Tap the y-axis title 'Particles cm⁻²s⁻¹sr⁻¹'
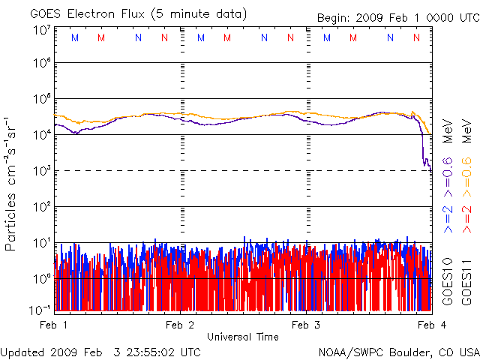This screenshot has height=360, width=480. click(11, 183)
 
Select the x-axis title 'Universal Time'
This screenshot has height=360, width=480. click(242, 337)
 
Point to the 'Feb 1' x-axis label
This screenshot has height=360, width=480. click(54, 325)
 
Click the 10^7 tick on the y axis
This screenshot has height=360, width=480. click(41, 29)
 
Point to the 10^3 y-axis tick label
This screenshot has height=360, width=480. click(41, 171)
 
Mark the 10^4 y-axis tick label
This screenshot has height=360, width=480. click(41, 135)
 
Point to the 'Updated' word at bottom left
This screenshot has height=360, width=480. click(22, 351)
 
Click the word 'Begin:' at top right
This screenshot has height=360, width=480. click(335, 16)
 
